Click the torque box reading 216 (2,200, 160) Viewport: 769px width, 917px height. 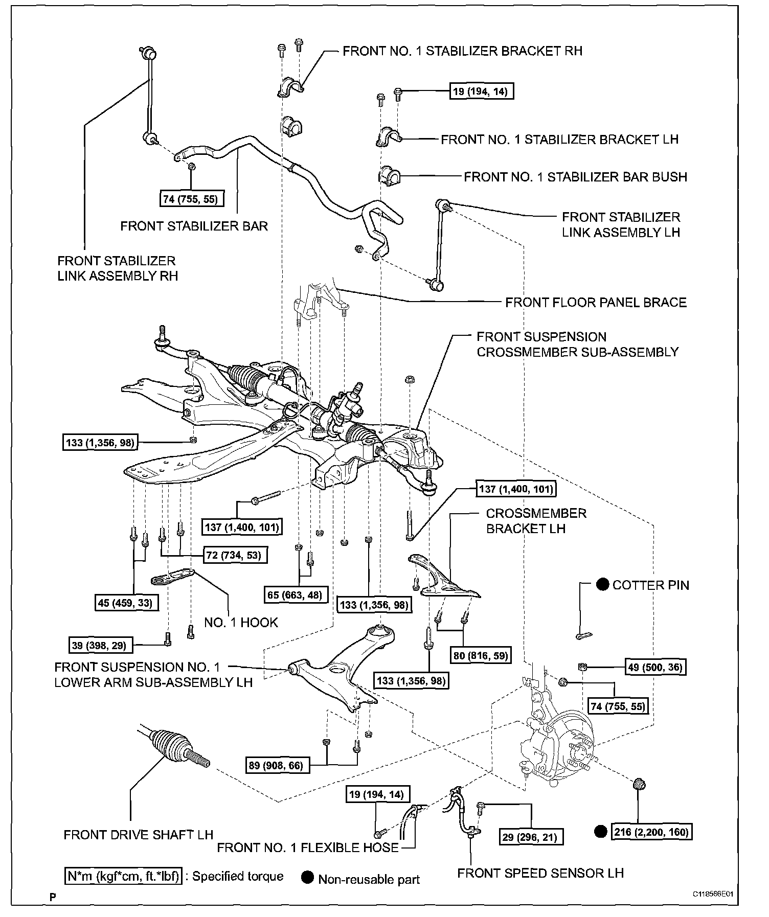tap(651, 832)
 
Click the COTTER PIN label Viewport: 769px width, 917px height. tap(650, 585)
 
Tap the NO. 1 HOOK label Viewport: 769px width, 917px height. tap(241, 622)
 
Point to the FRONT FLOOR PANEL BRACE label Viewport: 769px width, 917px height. tap(596, 302)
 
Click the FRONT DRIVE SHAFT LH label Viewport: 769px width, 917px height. tap(138, 835)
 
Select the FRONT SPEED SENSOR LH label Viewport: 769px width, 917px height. tap(540, 873)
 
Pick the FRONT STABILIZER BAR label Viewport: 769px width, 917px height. tap(194, 226)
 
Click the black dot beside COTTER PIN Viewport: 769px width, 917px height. tap(602, 584)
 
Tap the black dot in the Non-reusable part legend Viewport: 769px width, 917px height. tap(307, 878)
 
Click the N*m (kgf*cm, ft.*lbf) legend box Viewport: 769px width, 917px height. tap(123, 876)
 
